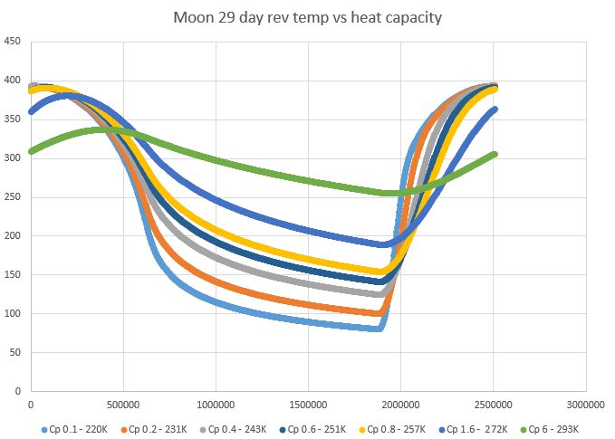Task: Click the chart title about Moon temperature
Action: coord(309,17)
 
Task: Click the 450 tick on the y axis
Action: coord(14,41)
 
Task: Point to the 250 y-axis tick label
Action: coord(14,196)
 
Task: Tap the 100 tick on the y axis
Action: coord(14,313)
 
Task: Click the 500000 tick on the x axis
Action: coord(123,404)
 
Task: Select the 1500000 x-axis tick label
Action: coord(308,404)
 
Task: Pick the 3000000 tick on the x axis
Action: coord(584,404)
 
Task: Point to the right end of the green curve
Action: coord(494,155)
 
